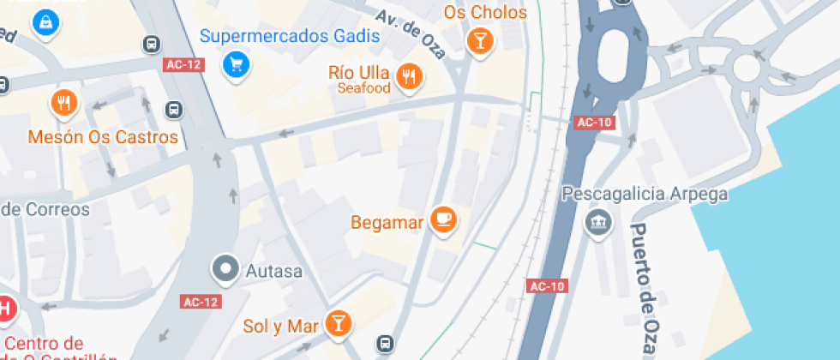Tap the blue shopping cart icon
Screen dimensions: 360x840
coord(235,63)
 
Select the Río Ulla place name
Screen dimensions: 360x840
coord(359,72)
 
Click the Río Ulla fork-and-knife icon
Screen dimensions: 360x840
coord(411,76)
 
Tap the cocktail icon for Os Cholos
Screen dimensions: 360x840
coord(479,39)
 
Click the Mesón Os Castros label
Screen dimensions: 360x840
coord(103,137)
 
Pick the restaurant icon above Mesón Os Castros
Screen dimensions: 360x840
coord(63,104)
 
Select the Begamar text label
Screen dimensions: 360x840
coord(387,223)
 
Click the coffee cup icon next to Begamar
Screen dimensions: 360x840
coord(443,219)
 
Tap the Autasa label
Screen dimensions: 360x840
coord(274,272)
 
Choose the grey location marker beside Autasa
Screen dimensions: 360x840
coord(226,268)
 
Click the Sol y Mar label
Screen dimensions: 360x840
coord(281,326)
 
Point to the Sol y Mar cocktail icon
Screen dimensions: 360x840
coord(339,322)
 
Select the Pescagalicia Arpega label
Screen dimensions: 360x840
coord(645,194)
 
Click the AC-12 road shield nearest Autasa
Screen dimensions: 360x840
coord(201,302)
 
